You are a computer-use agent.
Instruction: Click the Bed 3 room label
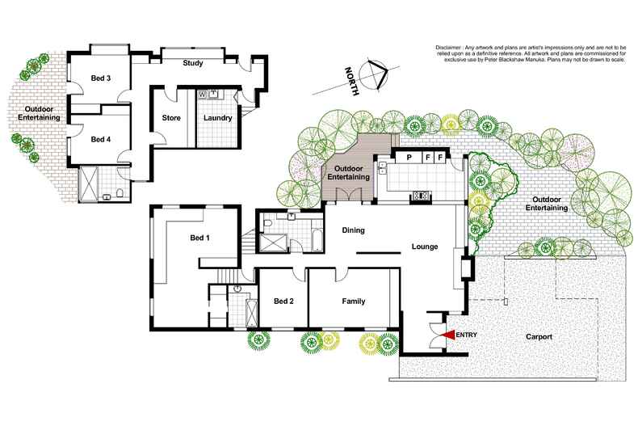pyautogui.click(x=100, y=78)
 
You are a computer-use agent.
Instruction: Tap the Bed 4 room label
pyautogui.click(x=100, y=139)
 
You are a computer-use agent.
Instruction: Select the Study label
pyautogui.click(x=192, y=63)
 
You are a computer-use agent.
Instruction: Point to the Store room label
pyautogui.click(x=171, y=118)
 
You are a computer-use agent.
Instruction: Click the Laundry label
pyautogui.click(x=218, y=118)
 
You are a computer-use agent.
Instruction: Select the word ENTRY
pyautogui.click(x=468, y=335)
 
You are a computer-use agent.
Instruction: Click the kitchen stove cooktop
pyautogui.click(x=421, y=194)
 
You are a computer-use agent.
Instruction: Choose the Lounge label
pyautogui.click(x=425, y=247)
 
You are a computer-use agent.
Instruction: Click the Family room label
pyautogui.click(x=353, y=302)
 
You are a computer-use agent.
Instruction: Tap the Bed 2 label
pyautogui.click(x=283, y=302)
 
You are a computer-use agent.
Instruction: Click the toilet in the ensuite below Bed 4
pyautogui.click(x=119, y=193)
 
